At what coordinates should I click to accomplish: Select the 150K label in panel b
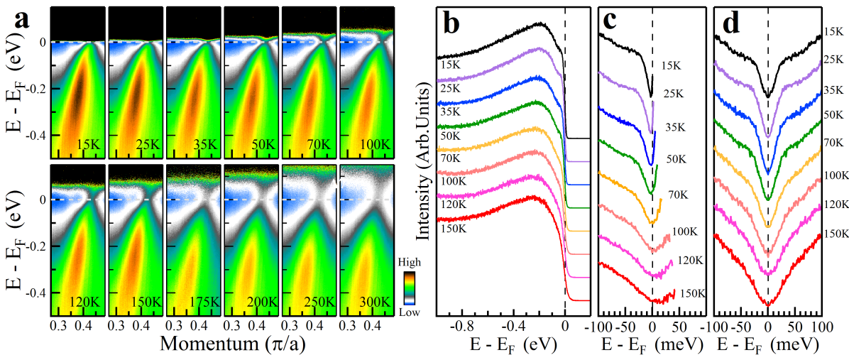point(451,229)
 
